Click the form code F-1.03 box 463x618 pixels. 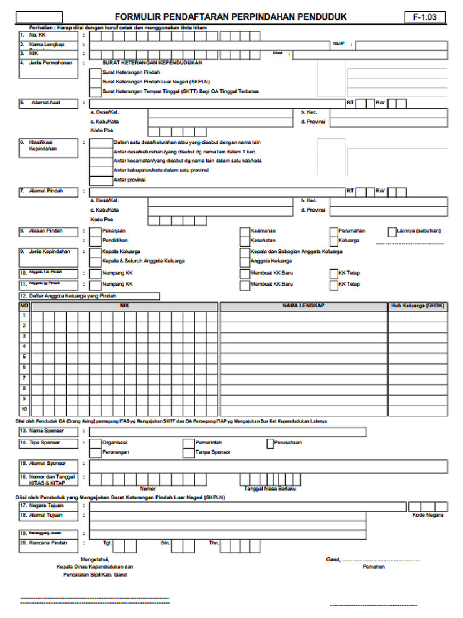point(425,18)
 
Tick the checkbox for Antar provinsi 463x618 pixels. point(100,180)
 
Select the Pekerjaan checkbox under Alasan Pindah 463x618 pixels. point(95,231)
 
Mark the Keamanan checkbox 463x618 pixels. point(244,231)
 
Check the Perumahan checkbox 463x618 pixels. point(333,231)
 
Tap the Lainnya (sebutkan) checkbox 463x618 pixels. point(392,231)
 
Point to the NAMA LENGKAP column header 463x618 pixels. point(303,306)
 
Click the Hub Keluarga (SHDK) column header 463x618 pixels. point(417,306)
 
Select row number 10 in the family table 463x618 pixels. point(25,409)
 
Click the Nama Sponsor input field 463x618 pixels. point(227,432)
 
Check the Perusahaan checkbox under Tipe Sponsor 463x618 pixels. point(269,443)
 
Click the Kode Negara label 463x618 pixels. point(427,515)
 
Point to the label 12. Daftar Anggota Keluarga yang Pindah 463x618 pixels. point(89,296)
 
